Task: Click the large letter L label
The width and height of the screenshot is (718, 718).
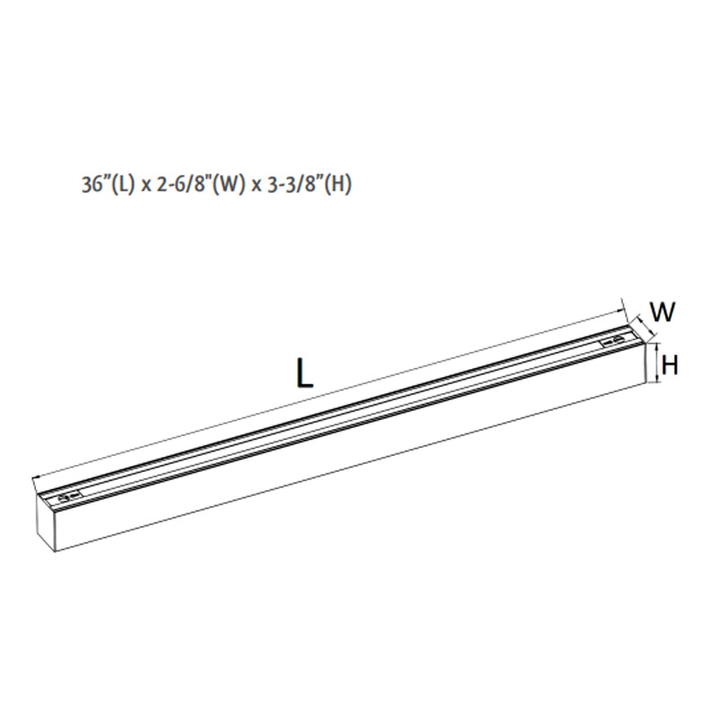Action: coord(305,372)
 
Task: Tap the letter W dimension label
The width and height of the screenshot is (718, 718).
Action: coord(662,312)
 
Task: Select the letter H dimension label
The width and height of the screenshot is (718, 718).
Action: coord(670,364)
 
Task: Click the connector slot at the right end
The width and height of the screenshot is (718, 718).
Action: coord(614,341)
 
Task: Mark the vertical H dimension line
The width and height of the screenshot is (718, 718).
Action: coord(657,363)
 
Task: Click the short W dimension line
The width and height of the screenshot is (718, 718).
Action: coord(640,322)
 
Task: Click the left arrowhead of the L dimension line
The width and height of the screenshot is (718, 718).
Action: coord(34,478)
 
